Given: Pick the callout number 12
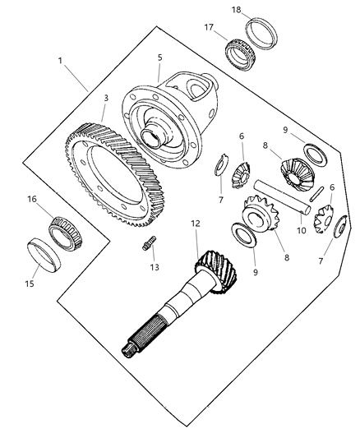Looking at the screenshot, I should (x=194, y=223).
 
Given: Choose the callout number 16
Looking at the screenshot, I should (x=32, y=199).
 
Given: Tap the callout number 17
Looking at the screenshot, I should (x=209, y=26).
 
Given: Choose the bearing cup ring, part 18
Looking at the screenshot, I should (x=268, y=33).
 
